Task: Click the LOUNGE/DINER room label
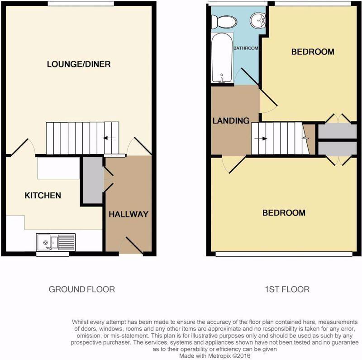pos(79,64)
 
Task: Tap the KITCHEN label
pos(43,196)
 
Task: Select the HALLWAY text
pos(129,214)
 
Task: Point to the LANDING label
pos(231,120)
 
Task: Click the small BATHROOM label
pos(246,48)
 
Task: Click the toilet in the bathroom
pos(224,22)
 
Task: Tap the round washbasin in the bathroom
pos(257,20)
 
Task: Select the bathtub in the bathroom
pos(222,58)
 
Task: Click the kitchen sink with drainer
pos(56,242)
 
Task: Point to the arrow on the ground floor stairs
pos(110,138)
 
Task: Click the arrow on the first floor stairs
pos(261,139)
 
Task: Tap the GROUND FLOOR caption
pos(82,289)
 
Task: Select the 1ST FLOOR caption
pos(287,289)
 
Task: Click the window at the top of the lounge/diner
pos(81,4)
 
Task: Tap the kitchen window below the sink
pos(52,254)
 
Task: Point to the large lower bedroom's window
pos(284,254)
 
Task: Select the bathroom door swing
pos(247,77)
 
